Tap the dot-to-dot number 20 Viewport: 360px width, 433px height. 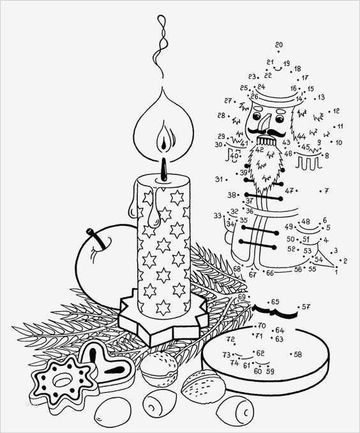click(278, 45)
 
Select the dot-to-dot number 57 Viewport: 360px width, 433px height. click(306, 307)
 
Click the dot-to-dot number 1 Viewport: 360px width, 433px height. click(336, 272)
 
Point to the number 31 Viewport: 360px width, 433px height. click(219, 179)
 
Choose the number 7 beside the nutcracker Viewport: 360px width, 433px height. click(326, 190)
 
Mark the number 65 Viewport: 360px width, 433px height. click(275, 301)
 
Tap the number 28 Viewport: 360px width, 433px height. click(221, 116)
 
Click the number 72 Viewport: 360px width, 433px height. click(230, 339)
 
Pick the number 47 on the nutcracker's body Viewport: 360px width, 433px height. click(289, 190)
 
